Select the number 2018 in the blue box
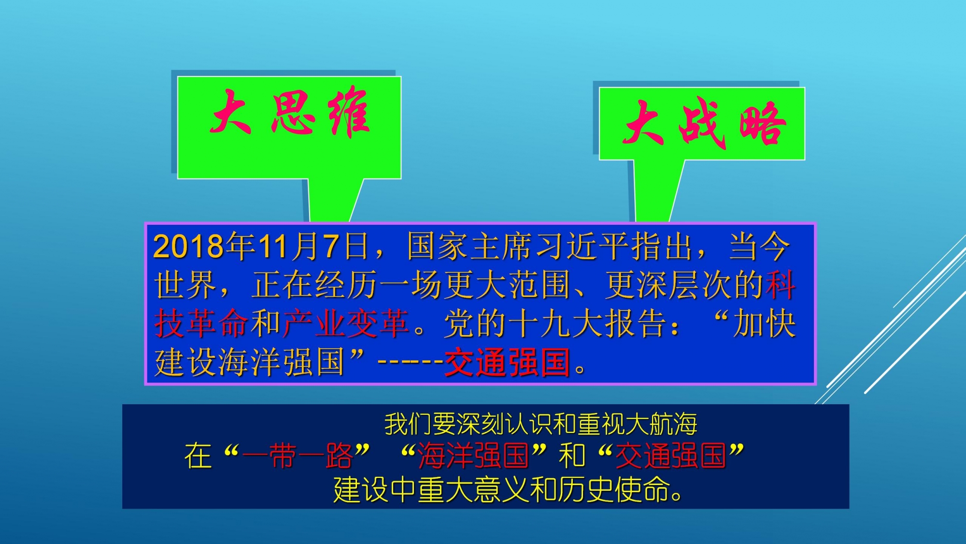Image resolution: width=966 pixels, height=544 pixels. [x=189, y=247]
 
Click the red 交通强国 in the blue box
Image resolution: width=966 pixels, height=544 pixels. [x=507, y=362]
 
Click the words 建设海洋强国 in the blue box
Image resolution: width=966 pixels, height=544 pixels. [x=249, y=362]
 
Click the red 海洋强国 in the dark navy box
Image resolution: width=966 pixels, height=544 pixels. [x=473, y=456]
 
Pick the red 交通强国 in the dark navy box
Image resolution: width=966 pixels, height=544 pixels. [x=670, y=456]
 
